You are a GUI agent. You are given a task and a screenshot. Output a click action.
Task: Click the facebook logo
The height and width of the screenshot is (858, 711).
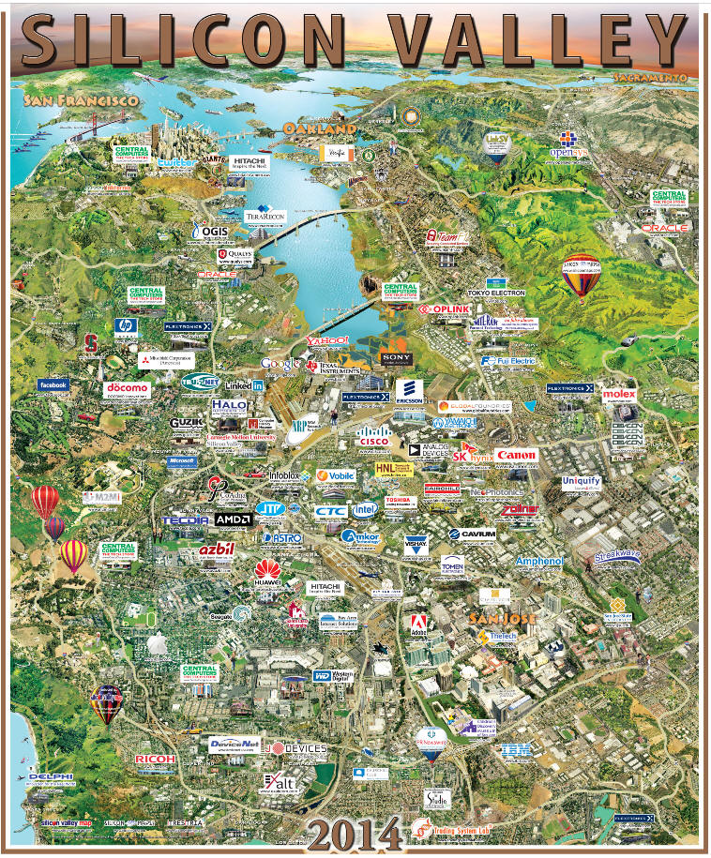point(53,384)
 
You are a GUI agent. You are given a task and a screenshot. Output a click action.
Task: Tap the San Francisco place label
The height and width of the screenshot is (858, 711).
point(82,99)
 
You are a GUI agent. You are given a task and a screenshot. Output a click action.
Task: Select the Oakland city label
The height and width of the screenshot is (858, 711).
point(320,128)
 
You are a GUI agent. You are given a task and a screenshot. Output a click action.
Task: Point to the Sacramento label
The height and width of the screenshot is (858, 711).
point(650,76)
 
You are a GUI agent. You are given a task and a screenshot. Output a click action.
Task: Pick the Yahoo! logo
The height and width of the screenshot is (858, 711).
point(327,339)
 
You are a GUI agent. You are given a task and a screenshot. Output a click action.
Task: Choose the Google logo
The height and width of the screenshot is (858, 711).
point(279,363)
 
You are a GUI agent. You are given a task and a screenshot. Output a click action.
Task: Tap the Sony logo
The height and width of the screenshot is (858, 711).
point(396,357)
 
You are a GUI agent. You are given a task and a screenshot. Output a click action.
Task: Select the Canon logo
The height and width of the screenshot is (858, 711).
point(517,456)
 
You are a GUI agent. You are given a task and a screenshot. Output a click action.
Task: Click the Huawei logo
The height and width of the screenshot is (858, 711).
point(267,572)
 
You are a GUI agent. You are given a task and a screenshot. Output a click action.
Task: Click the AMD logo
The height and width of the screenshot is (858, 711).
point(233,519)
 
